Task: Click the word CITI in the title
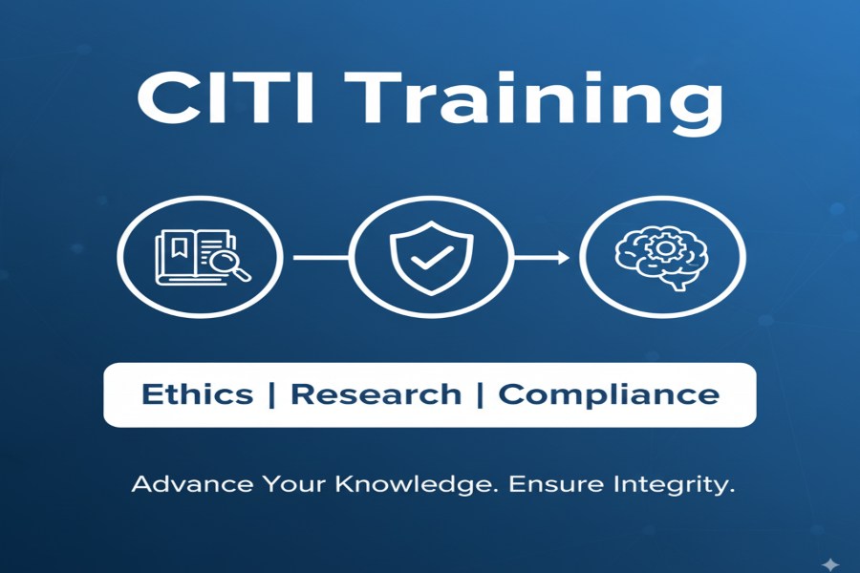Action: click(226, 97)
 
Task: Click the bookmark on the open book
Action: click(178, 246)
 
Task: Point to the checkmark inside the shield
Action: click(432, 257)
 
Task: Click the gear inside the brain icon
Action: click(665, 248)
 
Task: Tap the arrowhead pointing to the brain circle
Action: click(564, 257)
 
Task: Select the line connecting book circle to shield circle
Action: click(321, 257)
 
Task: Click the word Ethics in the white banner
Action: click(198, 394)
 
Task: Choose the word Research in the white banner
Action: click(376, 394)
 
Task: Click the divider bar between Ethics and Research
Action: click(272, 394)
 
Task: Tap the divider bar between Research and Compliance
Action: click(481, 394)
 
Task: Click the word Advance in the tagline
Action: click(192, 484)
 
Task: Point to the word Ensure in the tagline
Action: click(557, 485)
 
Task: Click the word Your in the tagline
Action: click(294, 485)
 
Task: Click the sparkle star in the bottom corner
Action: click(830, 564)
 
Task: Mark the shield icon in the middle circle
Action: click(432, 257)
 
